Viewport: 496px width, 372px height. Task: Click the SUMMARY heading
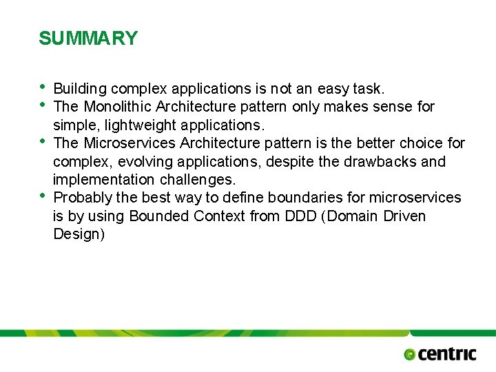[88, 39]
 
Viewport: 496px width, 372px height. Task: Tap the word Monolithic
[118, 107]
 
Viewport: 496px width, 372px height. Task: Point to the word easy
[333, 89]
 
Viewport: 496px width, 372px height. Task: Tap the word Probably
[82, 198]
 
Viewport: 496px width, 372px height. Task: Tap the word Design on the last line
[79, 234]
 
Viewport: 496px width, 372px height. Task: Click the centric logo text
[447, 354]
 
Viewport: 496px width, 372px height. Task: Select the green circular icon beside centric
[410, 355]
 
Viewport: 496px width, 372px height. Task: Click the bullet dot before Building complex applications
[43, 87]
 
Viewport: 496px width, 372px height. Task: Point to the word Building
[80, 89]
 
